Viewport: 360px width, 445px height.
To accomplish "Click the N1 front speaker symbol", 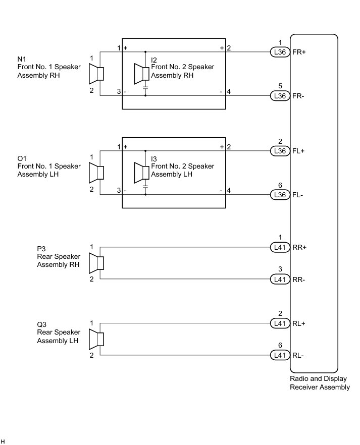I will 96,74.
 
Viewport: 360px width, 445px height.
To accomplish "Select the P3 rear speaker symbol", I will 96,263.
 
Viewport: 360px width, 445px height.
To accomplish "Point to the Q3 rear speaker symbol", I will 96,339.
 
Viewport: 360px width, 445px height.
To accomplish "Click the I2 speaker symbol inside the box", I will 141,74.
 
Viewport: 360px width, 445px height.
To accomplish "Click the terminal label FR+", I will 299,52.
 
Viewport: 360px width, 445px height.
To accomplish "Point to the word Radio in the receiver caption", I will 299,379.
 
